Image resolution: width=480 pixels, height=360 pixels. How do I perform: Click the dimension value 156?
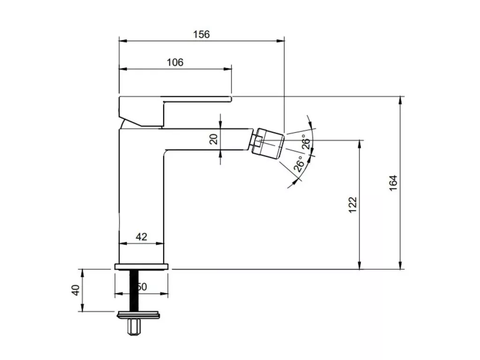coord(202,34)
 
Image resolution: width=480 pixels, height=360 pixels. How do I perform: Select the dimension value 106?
coord(175,62)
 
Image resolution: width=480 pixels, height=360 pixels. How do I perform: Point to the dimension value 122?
coord(352,205)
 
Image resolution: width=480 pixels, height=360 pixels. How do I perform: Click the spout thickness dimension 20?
coord(214,139)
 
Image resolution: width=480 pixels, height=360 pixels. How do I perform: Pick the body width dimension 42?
coord(141,237)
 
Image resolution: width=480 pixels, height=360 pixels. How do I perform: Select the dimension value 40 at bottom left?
coord(75,290)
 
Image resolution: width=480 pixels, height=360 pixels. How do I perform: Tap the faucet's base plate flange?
coord(141,267)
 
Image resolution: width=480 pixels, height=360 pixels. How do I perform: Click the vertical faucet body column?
coord(141,202)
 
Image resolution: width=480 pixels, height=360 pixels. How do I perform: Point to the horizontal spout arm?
coord(206,139)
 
